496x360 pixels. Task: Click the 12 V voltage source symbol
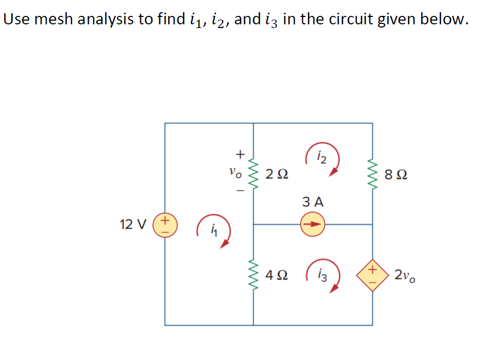pyautogui.click(x=165, y=224)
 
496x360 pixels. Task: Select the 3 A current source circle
pyautogui.click(x=313, y=224)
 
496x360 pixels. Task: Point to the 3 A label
pyautogui.click(x=313, y=202)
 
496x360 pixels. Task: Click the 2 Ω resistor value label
pyautogui.click(x=277, y=173)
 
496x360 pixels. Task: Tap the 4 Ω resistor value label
pyautogui.click(x=277, y=276)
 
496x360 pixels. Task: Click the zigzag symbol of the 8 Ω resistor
pyautogui.click(x=372, y=173)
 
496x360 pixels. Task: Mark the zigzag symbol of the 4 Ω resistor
pyautogui.click(x=253, y=276)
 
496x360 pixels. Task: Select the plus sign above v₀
pyautogui.click(x=240, y=154)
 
